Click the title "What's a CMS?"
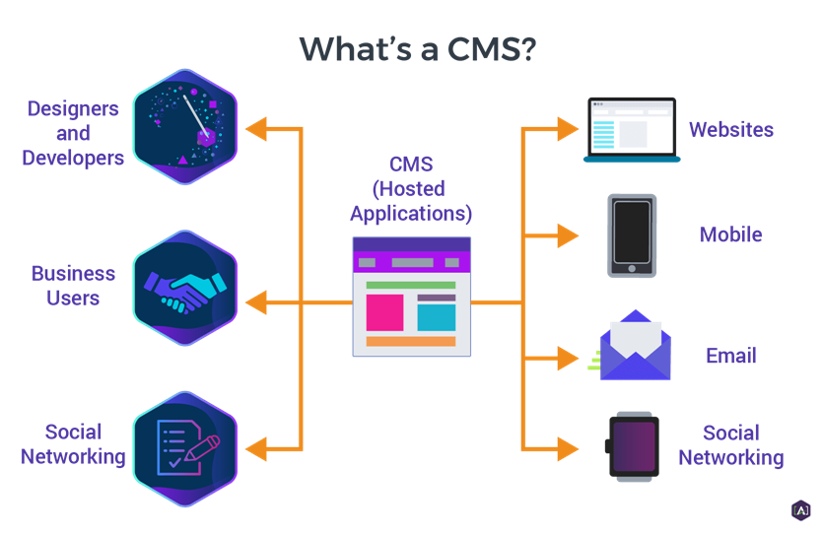click(x=418, y=47)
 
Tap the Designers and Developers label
click(x=73, y=133)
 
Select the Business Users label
click(x=73, y=285)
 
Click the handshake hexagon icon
click(x=185, y=289)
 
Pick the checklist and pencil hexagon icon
click(x=185, y=447)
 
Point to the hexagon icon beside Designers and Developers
click(x=185, y=127)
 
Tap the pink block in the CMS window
click(x=384, y=312)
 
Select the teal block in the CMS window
click(x=437, y=316)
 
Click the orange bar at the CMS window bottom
click(x=411, y=342)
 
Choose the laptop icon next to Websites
click(x=631, y=129)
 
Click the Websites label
click(x=730, y=129)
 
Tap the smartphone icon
click(x=632, y=235)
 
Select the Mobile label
click(x=730, y=235)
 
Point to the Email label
click(x=730, y=356)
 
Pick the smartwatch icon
click(x=632, y=446)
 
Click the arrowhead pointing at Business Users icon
click(x=255, y=302)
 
